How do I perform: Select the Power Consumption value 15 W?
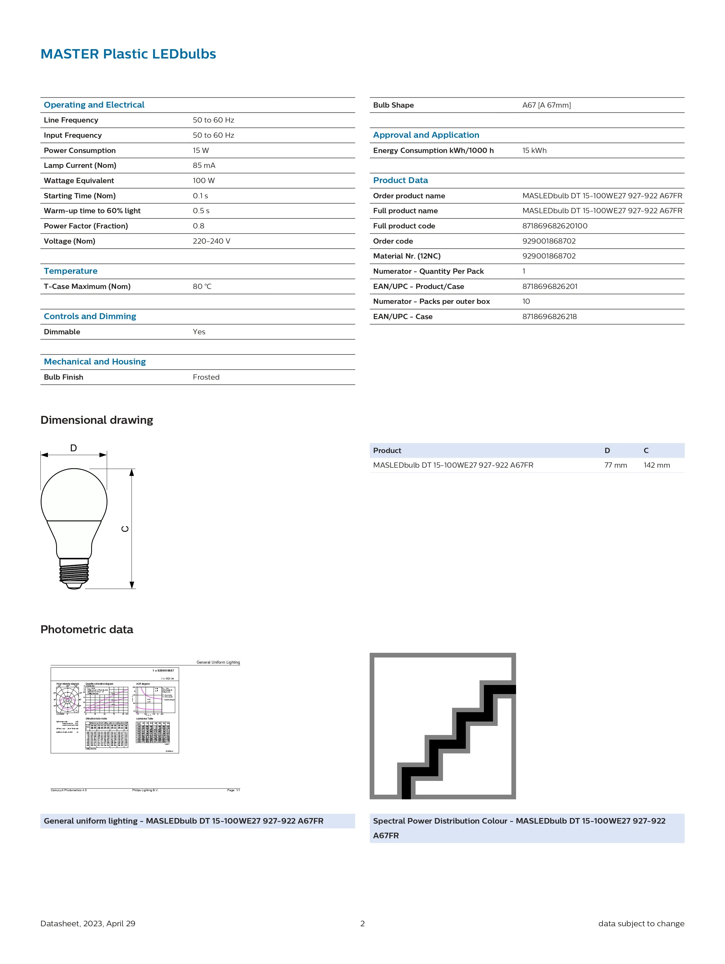(x=201, y=150)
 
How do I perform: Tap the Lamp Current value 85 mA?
(x=204, y=166)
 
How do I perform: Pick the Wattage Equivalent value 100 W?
(x=204, y=180)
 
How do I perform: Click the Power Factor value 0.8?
(x=198, y=226)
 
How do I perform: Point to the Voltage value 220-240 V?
(x=212, y=241)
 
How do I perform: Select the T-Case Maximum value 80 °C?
(x=202, y=286)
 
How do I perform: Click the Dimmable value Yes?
(x=199, y=332)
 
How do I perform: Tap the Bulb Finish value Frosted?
(x=206, y=377)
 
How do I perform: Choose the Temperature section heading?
(x=70, y=271)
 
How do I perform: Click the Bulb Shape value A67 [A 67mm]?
(x=546, y=105)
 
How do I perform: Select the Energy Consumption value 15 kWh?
(x=534, y=150)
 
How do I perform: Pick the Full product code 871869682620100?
(x=555, y=226)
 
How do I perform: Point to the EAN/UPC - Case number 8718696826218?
(x=549, y=316)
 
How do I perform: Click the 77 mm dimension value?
(x=615, y=465)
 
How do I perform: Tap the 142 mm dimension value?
(x=657, y=465)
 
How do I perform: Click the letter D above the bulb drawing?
(x=74, y=448)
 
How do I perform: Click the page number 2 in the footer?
(x=362, y=923)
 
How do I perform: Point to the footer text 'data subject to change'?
(x=641, y=923)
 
